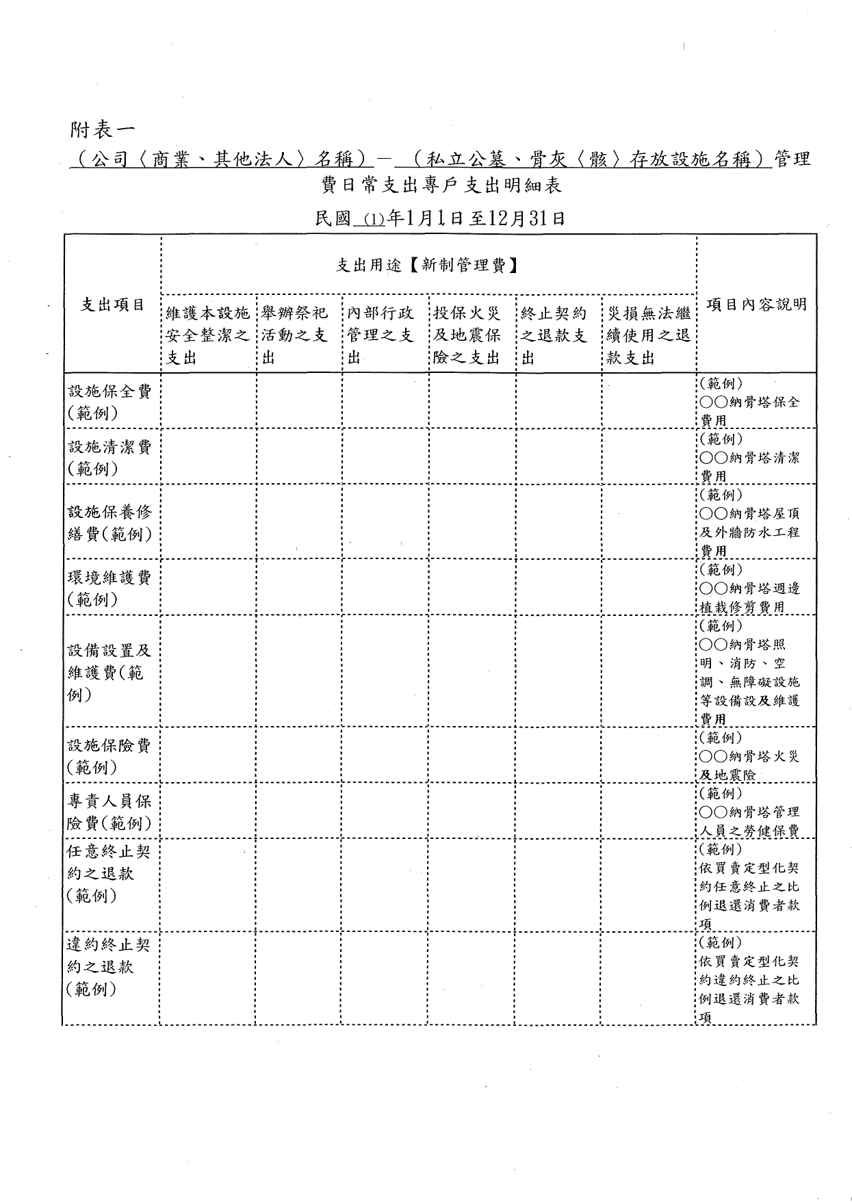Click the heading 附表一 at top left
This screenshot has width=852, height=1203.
(103, 128)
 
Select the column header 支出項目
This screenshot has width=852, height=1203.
(113, 305)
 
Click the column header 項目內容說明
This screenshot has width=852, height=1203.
(756, 305)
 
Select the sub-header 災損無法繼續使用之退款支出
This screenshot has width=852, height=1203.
(648, 335)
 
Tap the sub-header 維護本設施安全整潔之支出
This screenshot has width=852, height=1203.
(208, 335)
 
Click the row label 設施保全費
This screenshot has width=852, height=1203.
(109, 402)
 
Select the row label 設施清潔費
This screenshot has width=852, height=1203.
(109, 457)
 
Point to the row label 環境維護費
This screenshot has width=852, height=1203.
(109, 588)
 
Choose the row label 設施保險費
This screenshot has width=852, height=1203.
(109, 755)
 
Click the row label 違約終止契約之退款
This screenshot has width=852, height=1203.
(109, 966)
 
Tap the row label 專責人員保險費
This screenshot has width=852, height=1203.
(109, 812)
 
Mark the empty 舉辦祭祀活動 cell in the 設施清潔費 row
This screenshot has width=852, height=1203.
(299, 457)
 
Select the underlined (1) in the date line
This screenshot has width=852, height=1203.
(374, 220)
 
